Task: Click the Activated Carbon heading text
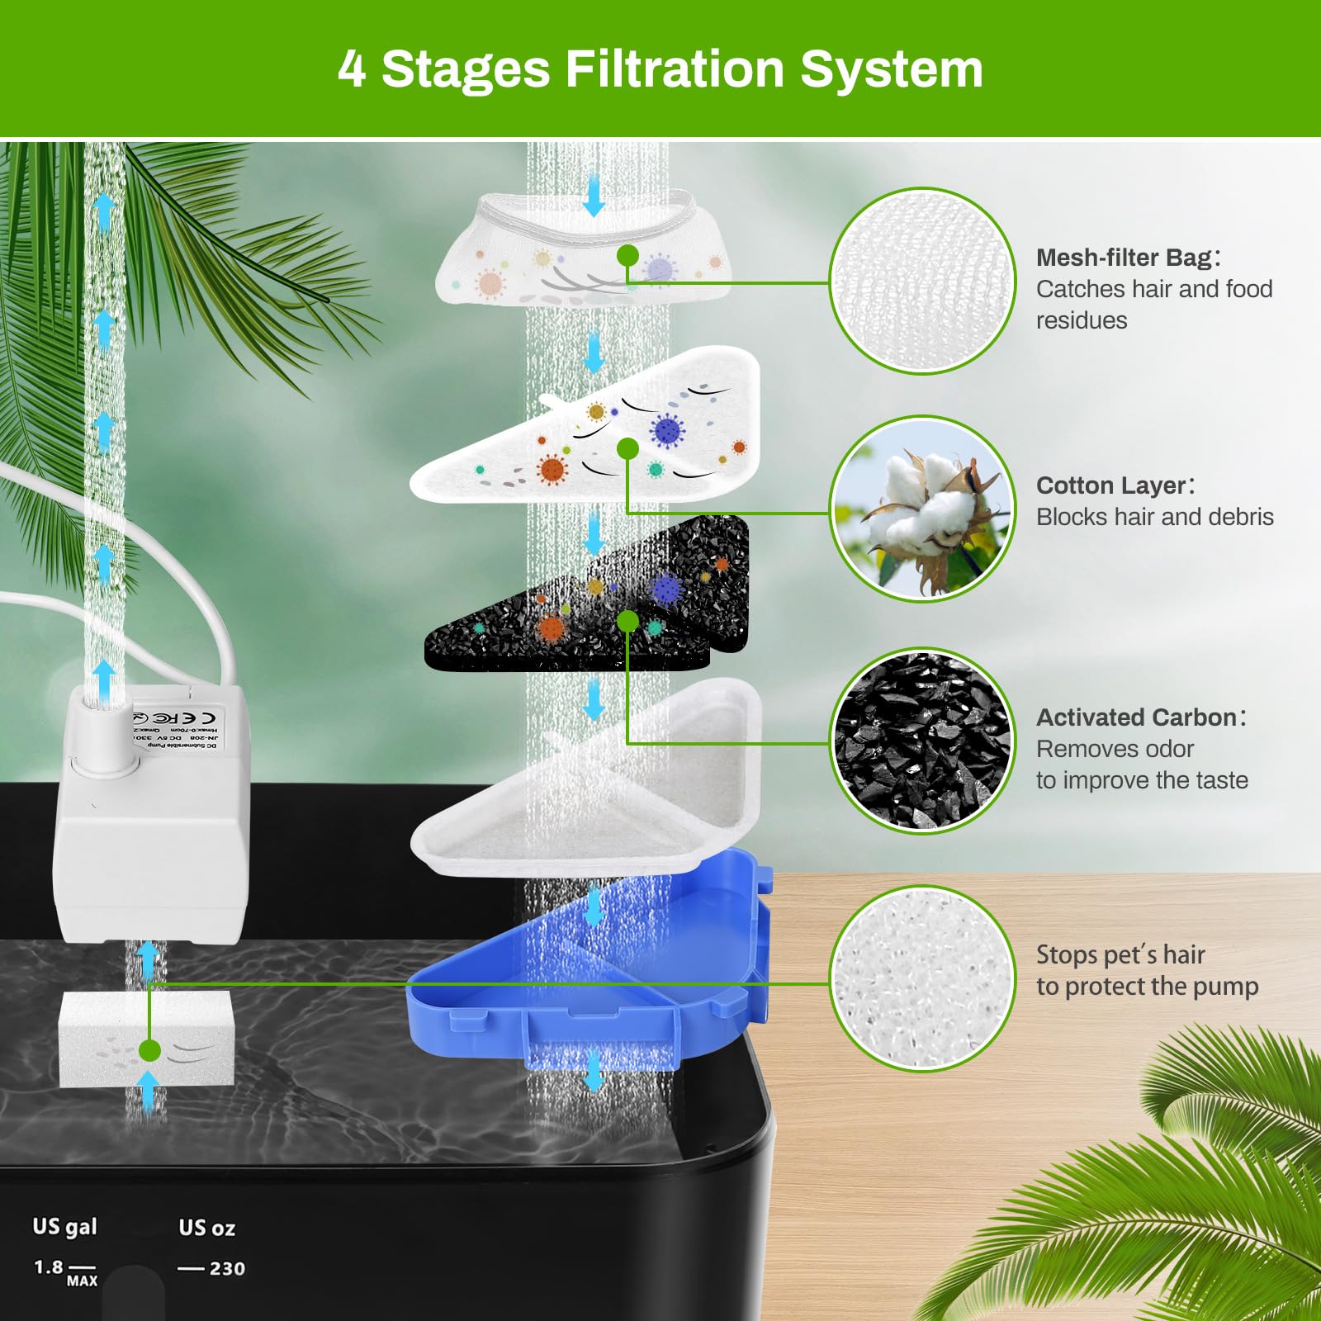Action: click(1137, 717)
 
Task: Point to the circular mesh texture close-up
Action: click(922, 281)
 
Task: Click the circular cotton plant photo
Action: click(922, 509)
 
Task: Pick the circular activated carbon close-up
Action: click(922, 741)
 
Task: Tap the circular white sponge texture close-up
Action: click(922, 978)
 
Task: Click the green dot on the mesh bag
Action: click(627, 255)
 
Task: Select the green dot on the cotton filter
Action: click(627, 448)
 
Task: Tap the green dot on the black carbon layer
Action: click(627, 621)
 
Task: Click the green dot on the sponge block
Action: click(149, 1051)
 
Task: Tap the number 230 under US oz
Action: click(227, 1269)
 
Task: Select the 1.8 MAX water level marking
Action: click(64, 1271)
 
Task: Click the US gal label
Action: click(64, 1227)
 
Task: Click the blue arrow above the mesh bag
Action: click(594, 198)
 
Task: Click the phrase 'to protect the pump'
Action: click(1147, 987)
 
